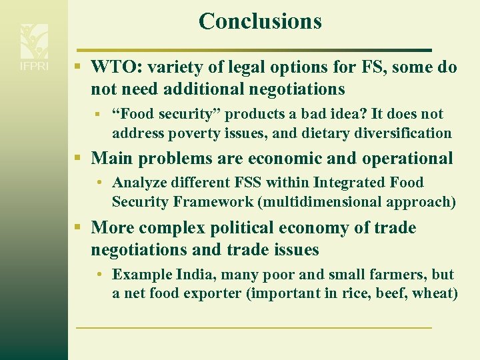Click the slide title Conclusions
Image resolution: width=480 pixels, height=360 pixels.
coord(260,21)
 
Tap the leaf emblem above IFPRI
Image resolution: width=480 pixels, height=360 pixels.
coord(33,41)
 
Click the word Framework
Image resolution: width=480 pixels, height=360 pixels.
coord(205,201)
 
